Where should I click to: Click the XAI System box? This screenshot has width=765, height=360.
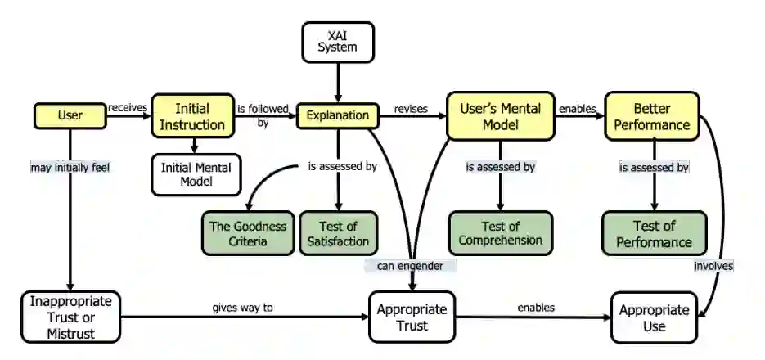338,42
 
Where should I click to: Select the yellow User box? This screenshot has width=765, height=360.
70,115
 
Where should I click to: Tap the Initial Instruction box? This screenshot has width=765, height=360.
193,116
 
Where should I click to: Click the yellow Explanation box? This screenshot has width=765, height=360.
338,115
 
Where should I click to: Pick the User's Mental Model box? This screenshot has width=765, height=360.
501,116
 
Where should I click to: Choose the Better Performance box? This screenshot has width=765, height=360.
652,116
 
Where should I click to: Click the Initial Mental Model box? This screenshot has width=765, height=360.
196,174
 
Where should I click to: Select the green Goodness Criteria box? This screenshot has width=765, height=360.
248,233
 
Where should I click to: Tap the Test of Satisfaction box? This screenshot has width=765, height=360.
338,233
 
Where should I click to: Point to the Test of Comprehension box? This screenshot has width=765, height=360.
501,233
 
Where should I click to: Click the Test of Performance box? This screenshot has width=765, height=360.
655,233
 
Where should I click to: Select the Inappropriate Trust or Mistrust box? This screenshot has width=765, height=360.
71,317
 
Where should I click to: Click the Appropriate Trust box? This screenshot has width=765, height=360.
412,317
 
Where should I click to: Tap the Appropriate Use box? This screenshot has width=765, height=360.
655,317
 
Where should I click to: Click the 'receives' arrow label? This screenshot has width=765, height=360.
128,107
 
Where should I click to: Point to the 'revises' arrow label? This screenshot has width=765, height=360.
411,108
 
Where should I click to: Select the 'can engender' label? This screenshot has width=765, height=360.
410,266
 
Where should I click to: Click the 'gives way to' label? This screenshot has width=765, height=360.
242,308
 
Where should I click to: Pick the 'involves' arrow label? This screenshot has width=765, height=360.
713,266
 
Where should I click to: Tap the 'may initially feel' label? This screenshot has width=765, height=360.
70,168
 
